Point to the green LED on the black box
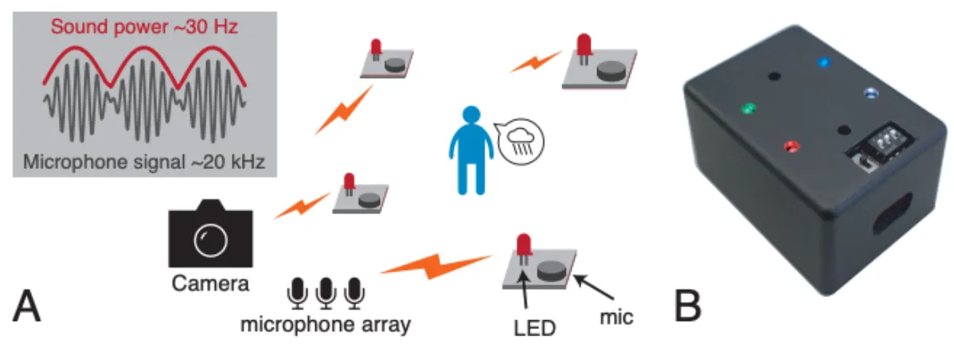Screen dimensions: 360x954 click(747, 107)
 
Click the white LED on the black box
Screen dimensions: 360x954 click(871, 93)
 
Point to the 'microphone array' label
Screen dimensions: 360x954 click(326, 325)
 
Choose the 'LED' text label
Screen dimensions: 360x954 click(533, 327)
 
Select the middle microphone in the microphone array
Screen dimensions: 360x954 click(326, 293)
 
